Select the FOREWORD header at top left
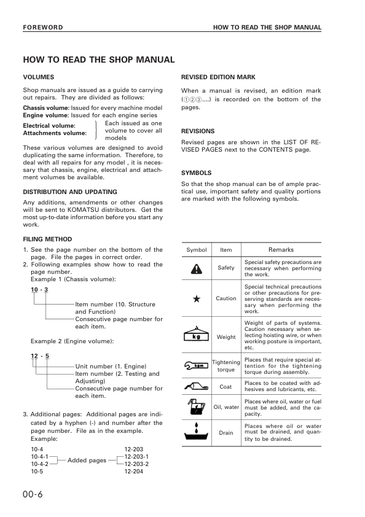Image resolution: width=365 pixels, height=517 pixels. [x=42, y=28]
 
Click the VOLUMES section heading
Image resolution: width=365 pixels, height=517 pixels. [x=39, y=77]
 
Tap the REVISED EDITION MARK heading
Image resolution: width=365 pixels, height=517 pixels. [x=218, y=77]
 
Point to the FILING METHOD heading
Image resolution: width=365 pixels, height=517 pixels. [x=47, y=239]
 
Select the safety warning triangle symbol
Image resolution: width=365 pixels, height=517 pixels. [x=196, y=268]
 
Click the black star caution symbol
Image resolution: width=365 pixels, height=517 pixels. [x=196, y=299]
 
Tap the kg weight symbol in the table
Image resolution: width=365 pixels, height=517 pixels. [x=196, y=336]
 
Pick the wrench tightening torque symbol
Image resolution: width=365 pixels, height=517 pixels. [x=196, y=367]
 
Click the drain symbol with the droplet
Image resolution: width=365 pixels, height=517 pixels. [x=196, y=431]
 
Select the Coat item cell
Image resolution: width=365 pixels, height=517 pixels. [x=226, y=387]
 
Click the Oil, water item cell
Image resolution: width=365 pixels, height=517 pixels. [x=226, y=407]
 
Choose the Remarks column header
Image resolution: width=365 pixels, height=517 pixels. [x=281, y=250]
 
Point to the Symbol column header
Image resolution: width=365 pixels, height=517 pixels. [x=197, y=250]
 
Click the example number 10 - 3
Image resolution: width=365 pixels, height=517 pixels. [x=39, y=289]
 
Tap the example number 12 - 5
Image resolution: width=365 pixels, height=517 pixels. [x=39, y=356]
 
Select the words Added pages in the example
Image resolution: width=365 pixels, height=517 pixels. [x=87, y=461]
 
